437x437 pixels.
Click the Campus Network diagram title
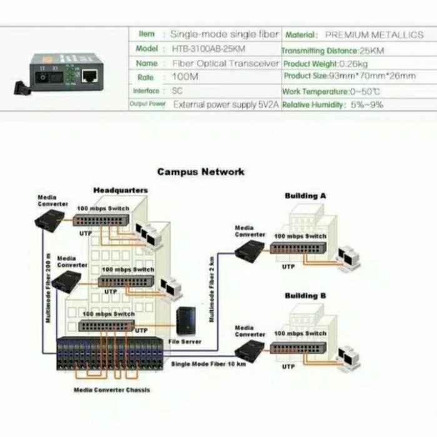click(x=201, y=171)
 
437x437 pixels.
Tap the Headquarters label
click(x=121, y=190)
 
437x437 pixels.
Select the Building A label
click(x=305, y=196)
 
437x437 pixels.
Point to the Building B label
click(x=305, y=296)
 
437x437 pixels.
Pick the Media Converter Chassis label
click(x=111, y=389)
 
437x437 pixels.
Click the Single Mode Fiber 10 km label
click(x=208, y=363)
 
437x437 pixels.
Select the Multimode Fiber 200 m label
click(x=48, y=288)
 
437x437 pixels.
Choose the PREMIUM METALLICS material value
click(x=374, y=35)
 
